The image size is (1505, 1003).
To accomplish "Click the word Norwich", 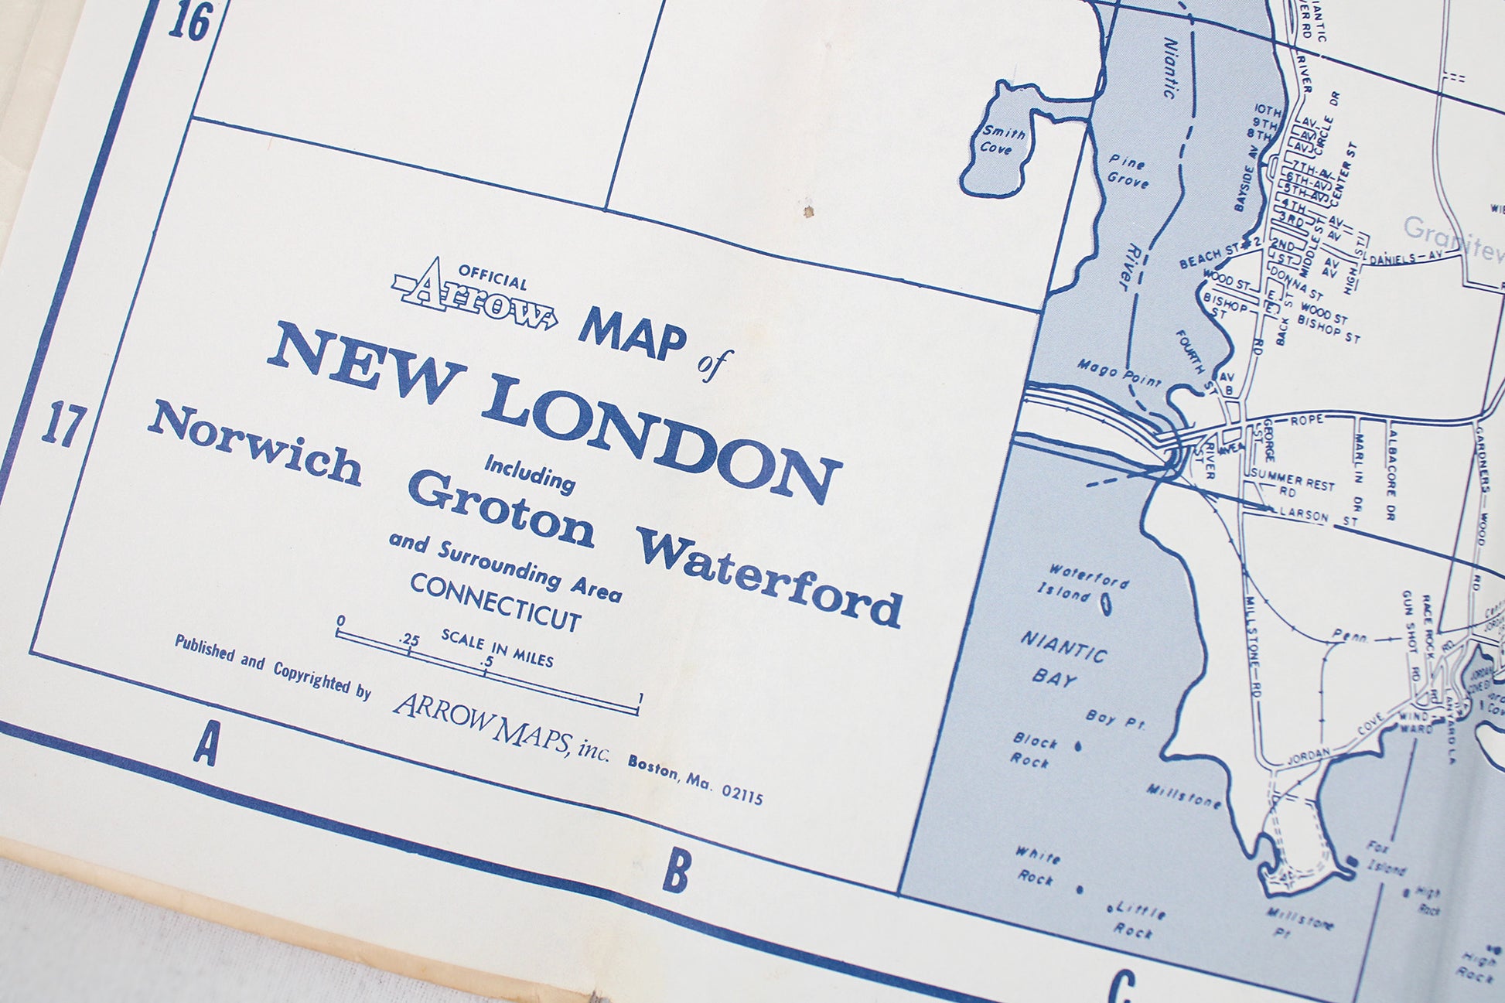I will point(255,443).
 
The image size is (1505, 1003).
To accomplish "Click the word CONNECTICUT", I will point(496,602).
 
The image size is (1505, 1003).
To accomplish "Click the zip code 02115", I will point(742,794).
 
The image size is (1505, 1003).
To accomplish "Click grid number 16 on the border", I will point(189,22).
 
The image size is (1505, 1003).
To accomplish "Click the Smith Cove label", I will point(1002,140).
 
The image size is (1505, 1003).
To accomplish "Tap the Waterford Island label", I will point(1083,583).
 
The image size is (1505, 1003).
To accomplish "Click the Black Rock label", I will point(1034,749).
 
